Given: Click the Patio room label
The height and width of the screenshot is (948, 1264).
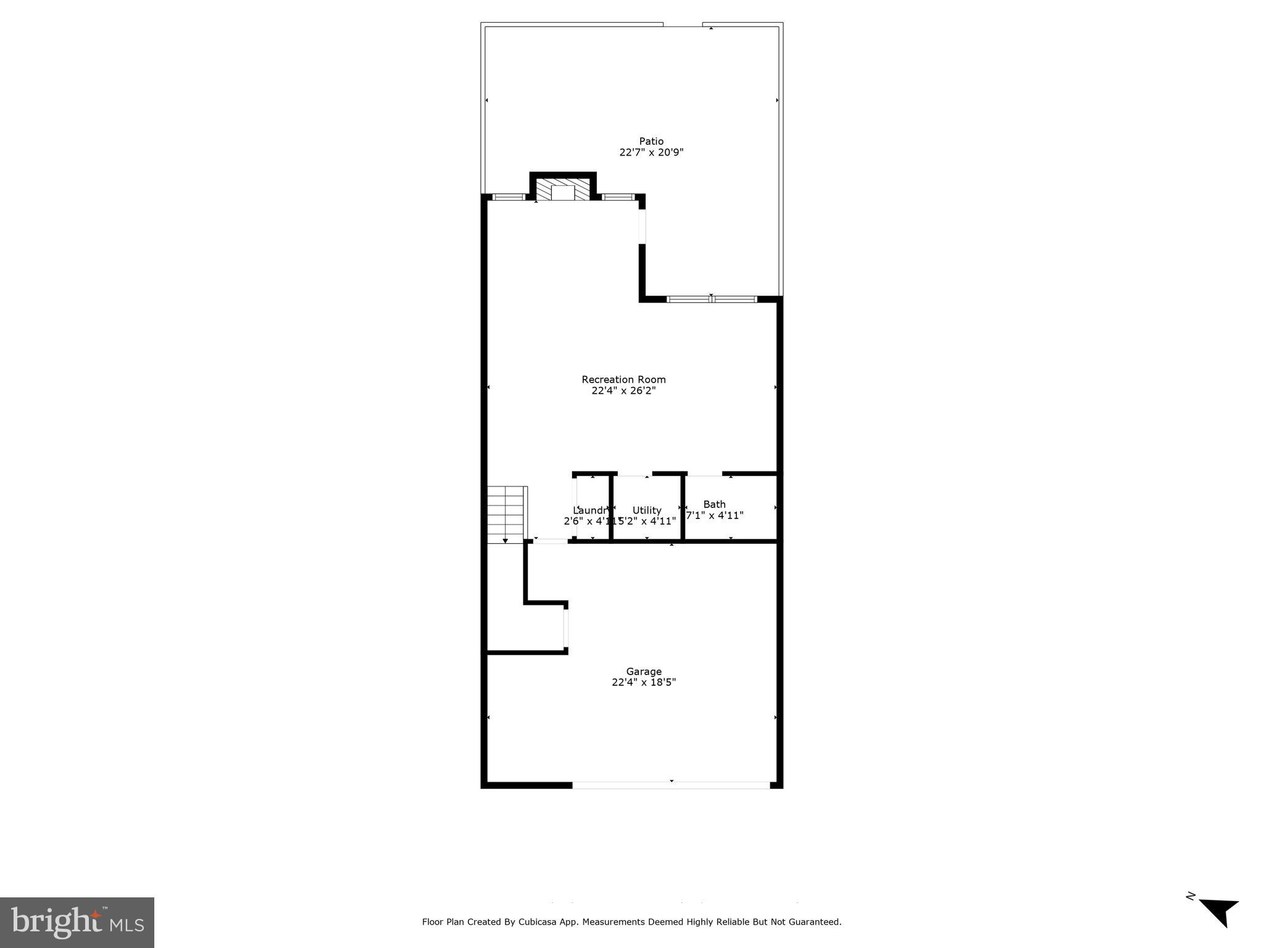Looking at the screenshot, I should coord(651,141).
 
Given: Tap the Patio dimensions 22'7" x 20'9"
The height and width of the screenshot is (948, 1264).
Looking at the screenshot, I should coord(651,152).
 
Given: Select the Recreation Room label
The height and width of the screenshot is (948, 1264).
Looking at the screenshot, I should coord(623,380).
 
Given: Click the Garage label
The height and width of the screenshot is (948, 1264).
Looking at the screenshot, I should coord(644,671).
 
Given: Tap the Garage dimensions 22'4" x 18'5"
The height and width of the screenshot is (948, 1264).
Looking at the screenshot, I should coord(644,683).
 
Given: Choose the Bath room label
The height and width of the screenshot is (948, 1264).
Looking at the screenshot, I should coord(714,504).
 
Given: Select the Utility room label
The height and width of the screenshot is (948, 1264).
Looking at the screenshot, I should coord(647,510).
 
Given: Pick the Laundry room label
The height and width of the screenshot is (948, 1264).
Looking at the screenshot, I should coord(591,510).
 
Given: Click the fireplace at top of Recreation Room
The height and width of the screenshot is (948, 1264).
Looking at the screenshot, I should coord(563,190).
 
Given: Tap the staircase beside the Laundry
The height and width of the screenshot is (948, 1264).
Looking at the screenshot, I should coord(506,514).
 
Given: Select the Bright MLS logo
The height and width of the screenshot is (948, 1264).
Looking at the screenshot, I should coord(77,922).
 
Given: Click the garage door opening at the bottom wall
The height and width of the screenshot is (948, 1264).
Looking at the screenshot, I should coord(671,785).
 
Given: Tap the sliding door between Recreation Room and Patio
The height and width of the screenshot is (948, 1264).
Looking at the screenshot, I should coord(712,299).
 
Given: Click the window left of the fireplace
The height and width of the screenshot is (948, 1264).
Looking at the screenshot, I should coord(509,197).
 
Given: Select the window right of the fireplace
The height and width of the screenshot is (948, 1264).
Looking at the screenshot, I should coord(618,197).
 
